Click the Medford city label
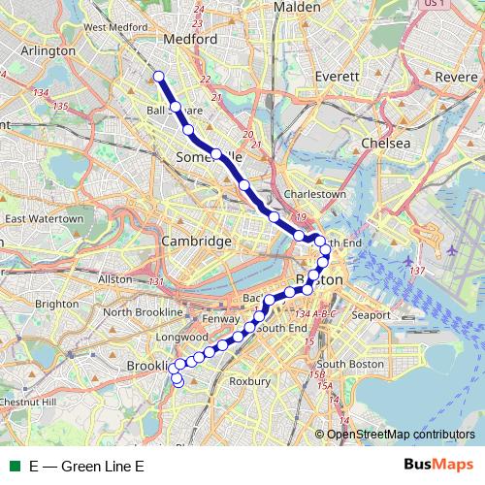(x=190, y=40)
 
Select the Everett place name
(x=336, y=76)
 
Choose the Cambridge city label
(x=196, y=241)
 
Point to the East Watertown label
(x=42, y=219)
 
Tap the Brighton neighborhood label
(x=56, y=304)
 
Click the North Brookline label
(x=143, y=312)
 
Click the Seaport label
(x=371, y=315)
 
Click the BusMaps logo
(x=436, y=466)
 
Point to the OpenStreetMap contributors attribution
(x=401, y=434)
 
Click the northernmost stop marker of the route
(x=158, y=76)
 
